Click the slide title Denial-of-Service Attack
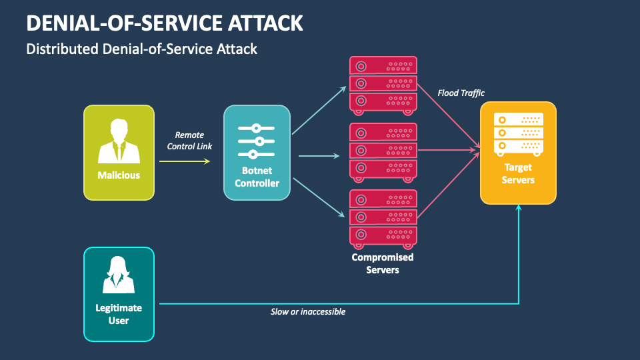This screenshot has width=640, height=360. (165, 23)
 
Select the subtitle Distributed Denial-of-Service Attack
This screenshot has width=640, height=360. (141, 49)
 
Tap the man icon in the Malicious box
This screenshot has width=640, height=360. (119, 141)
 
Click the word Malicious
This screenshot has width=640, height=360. (119, 175)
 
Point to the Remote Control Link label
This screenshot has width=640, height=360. (189, 140)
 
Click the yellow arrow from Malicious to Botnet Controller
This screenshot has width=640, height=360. (184, 161)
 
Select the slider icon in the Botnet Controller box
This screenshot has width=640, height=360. (257, 141)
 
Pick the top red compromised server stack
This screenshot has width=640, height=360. (383, 84)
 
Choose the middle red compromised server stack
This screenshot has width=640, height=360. (383, 151)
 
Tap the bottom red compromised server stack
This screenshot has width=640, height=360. (383, 217)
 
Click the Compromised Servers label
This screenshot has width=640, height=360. (383, 263)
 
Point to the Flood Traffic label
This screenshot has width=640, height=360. (461, 93)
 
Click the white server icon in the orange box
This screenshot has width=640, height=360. (518, 133)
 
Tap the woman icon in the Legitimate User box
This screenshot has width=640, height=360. (119, 275)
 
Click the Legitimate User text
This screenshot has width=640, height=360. (119, 314)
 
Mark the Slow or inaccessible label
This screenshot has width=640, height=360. (308, 311)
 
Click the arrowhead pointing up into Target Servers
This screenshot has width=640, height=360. (519, 208)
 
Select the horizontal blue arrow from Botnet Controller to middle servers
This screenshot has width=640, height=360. (319, 157)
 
